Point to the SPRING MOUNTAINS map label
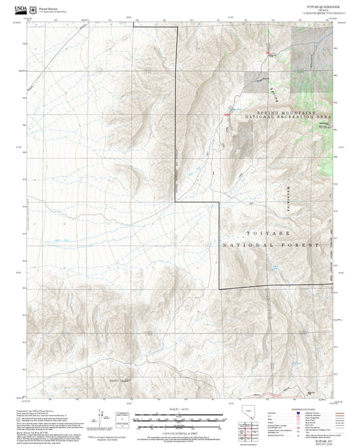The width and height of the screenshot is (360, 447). (x=286, y=111)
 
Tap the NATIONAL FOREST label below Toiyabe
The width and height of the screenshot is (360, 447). (x=270, y=246)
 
